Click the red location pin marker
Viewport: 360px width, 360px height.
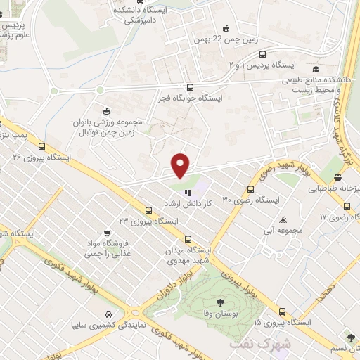[181, 165]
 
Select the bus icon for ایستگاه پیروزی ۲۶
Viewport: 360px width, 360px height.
[43, 147]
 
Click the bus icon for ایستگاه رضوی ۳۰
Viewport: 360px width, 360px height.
[251, 188]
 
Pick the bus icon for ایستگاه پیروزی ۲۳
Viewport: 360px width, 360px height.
[148, 210]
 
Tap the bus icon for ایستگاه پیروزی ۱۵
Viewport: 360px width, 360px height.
[282, 311]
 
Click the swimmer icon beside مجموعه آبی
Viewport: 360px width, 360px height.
[283, 219]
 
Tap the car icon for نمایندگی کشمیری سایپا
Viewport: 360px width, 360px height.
[108, 314]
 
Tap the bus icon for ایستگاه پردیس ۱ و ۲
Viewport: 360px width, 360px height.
[262, 53]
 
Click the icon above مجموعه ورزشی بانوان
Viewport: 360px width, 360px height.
[106, 110]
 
